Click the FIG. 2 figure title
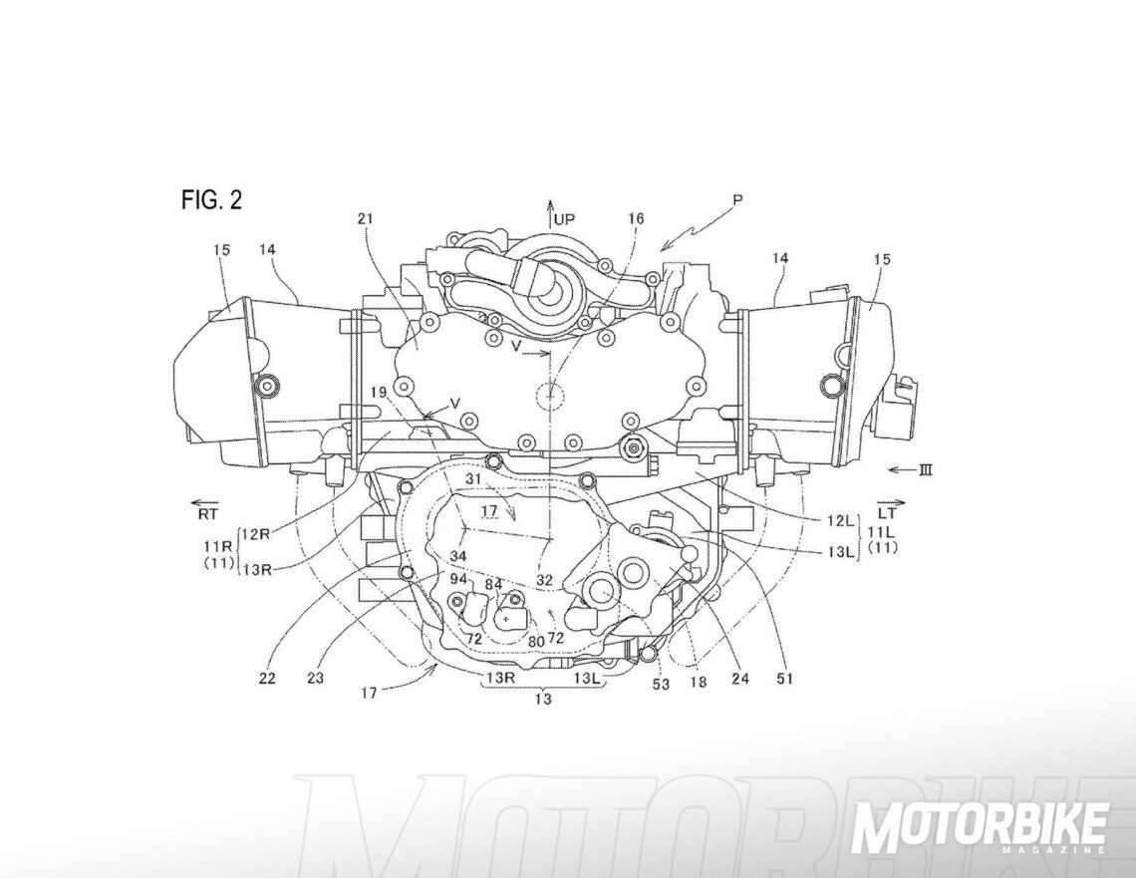(211, 200)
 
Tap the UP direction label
(564, 219)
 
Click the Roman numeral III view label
(925, 470)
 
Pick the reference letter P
(738, 199)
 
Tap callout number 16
(636, 218)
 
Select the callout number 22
(267, 679)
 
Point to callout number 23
(315, 679)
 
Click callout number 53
(661, 683)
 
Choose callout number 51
(784, 679)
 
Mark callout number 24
(740, 679)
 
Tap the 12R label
(256, 534)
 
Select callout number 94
(457, 580)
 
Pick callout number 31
(472, 479)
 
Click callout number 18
(699, 682)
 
